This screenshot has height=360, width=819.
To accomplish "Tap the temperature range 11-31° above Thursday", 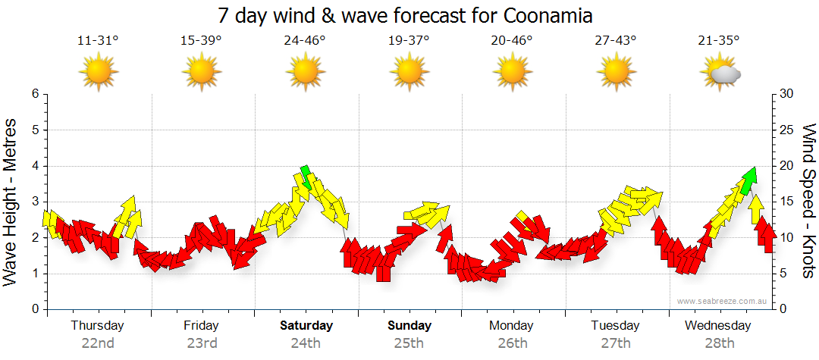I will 98,41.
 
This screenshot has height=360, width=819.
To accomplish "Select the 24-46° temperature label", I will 305,41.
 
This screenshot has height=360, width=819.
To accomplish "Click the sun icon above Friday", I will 202,72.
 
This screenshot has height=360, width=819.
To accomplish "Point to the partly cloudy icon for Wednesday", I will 720,73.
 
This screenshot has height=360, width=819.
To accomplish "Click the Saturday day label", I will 306,326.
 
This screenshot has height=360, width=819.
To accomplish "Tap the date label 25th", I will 409,343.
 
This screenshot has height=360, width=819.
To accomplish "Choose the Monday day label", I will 512,326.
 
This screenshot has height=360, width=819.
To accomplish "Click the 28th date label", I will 718,343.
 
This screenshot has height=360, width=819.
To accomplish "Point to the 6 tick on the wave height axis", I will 34,94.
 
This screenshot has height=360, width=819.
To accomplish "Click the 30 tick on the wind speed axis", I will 787,94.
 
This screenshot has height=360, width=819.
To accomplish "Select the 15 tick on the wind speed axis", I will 787,202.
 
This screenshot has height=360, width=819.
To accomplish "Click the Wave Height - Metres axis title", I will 11,202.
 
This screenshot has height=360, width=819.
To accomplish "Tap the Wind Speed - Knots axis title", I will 808,202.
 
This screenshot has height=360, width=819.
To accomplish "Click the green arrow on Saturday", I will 306,176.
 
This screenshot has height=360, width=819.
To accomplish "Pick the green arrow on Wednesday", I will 749,179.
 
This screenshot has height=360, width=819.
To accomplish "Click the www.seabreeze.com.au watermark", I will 723,301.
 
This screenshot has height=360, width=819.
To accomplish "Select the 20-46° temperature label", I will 512,41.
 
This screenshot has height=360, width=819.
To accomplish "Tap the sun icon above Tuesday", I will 616,72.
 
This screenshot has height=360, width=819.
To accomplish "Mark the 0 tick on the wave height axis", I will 34,310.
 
